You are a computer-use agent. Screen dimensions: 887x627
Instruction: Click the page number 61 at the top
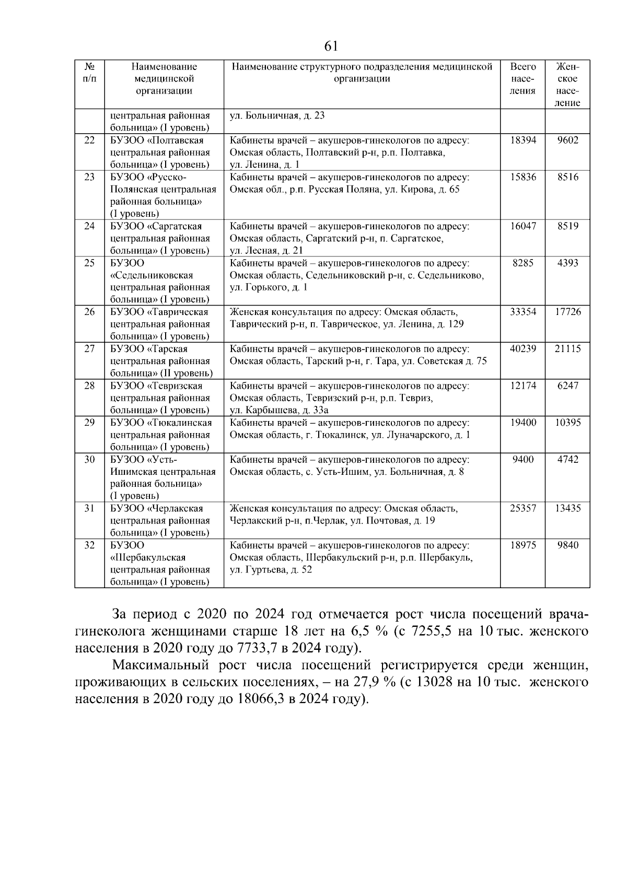point(331,46)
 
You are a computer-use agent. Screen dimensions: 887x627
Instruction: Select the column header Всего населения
point(522,79)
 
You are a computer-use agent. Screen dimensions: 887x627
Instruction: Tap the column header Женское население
point(567,85)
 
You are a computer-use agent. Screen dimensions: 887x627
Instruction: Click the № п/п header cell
point(89,73)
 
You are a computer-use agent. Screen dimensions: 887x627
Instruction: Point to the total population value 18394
point(522,141)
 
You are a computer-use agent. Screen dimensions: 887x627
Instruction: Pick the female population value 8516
point(567,177)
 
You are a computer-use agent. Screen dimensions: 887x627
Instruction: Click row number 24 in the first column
point(89,226)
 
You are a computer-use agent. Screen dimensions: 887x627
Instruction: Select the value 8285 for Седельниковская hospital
point(522,263)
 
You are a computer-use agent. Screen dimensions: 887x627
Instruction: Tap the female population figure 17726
point(567,312)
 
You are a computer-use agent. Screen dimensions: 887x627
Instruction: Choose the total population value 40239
point(522,349)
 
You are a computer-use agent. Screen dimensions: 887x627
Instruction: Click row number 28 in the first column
point(89,386)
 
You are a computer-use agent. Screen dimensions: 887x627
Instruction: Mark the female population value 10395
point(567,423)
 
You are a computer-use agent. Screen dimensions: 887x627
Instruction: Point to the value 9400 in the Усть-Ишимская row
point(522,460)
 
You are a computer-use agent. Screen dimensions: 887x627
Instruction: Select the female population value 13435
point(567,508)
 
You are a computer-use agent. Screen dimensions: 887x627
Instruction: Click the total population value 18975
point(522,545)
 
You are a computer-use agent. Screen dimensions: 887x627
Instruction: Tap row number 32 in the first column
point(89,545)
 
